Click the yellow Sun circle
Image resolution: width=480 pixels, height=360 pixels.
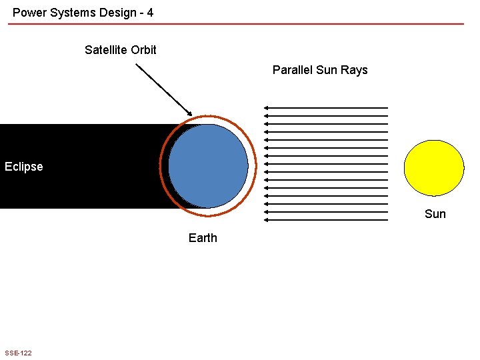(x=434, y=167)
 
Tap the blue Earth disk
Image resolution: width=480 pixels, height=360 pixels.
(x=208, y=166)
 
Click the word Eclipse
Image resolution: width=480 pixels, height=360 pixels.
(x=23, y=167)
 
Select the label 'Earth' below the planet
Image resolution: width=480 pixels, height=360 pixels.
(x=203, y=238)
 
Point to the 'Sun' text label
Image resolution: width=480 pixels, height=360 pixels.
(x=435, y=213)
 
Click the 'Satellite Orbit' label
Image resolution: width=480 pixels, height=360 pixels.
(x=121, y=50)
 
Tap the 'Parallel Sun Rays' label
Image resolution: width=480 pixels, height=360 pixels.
(x=320, y=70)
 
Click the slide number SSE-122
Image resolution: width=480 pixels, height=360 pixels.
(x=18, y=353)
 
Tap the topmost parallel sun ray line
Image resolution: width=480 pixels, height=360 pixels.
(x=326, y=107)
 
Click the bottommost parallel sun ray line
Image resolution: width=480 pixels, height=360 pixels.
(x=326, y=219)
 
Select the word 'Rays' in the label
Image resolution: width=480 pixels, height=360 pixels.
(x=354, y=70)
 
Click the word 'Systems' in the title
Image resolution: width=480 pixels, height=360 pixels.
(x=71, y=12)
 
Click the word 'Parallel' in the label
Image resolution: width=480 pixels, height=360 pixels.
(x=292, y=70)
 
